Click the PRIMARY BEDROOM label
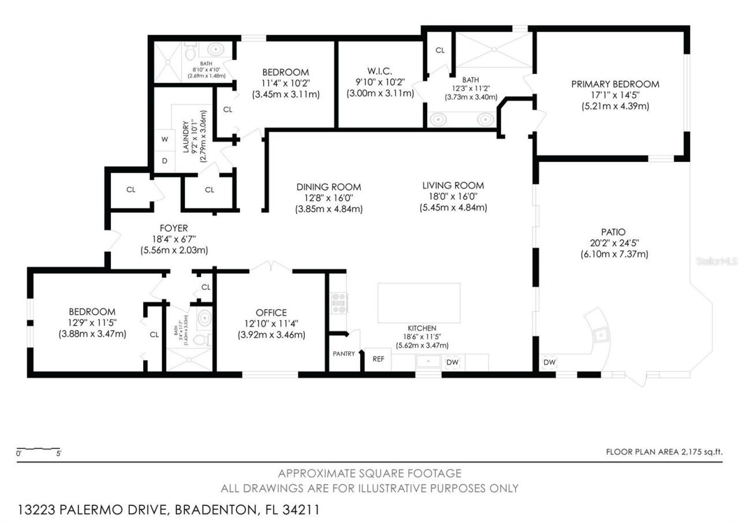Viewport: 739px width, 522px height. point(615,84)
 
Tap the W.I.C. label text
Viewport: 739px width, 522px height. point(379,71)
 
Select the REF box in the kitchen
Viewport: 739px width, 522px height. point(378,359)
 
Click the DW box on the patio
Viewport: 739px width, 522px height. point(549,362)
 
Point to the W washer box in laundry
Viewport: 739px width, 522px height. point(165,139)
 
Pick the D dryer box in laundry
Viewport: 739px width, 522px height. point(165,161)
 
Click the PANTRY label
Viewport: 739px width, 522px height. point(343,353)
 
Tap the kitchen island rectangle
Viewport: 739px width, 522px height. point(419,303)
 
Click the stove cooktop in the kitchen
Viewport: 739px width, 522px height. point(339,303)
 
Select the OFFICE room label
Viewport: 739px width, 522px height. point(271,313)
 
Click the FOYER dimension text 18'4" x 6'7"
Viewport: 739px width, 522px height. point(174,239)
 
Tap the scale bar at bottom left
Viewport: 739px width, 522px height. point(38,449)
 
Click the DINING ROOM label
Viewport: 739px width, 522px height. point(329,187)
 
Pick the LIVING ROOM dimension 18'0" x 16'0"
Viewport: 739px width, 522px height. point(453,196)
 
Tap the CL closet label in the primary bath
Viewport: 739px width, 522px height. point(440,50)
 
